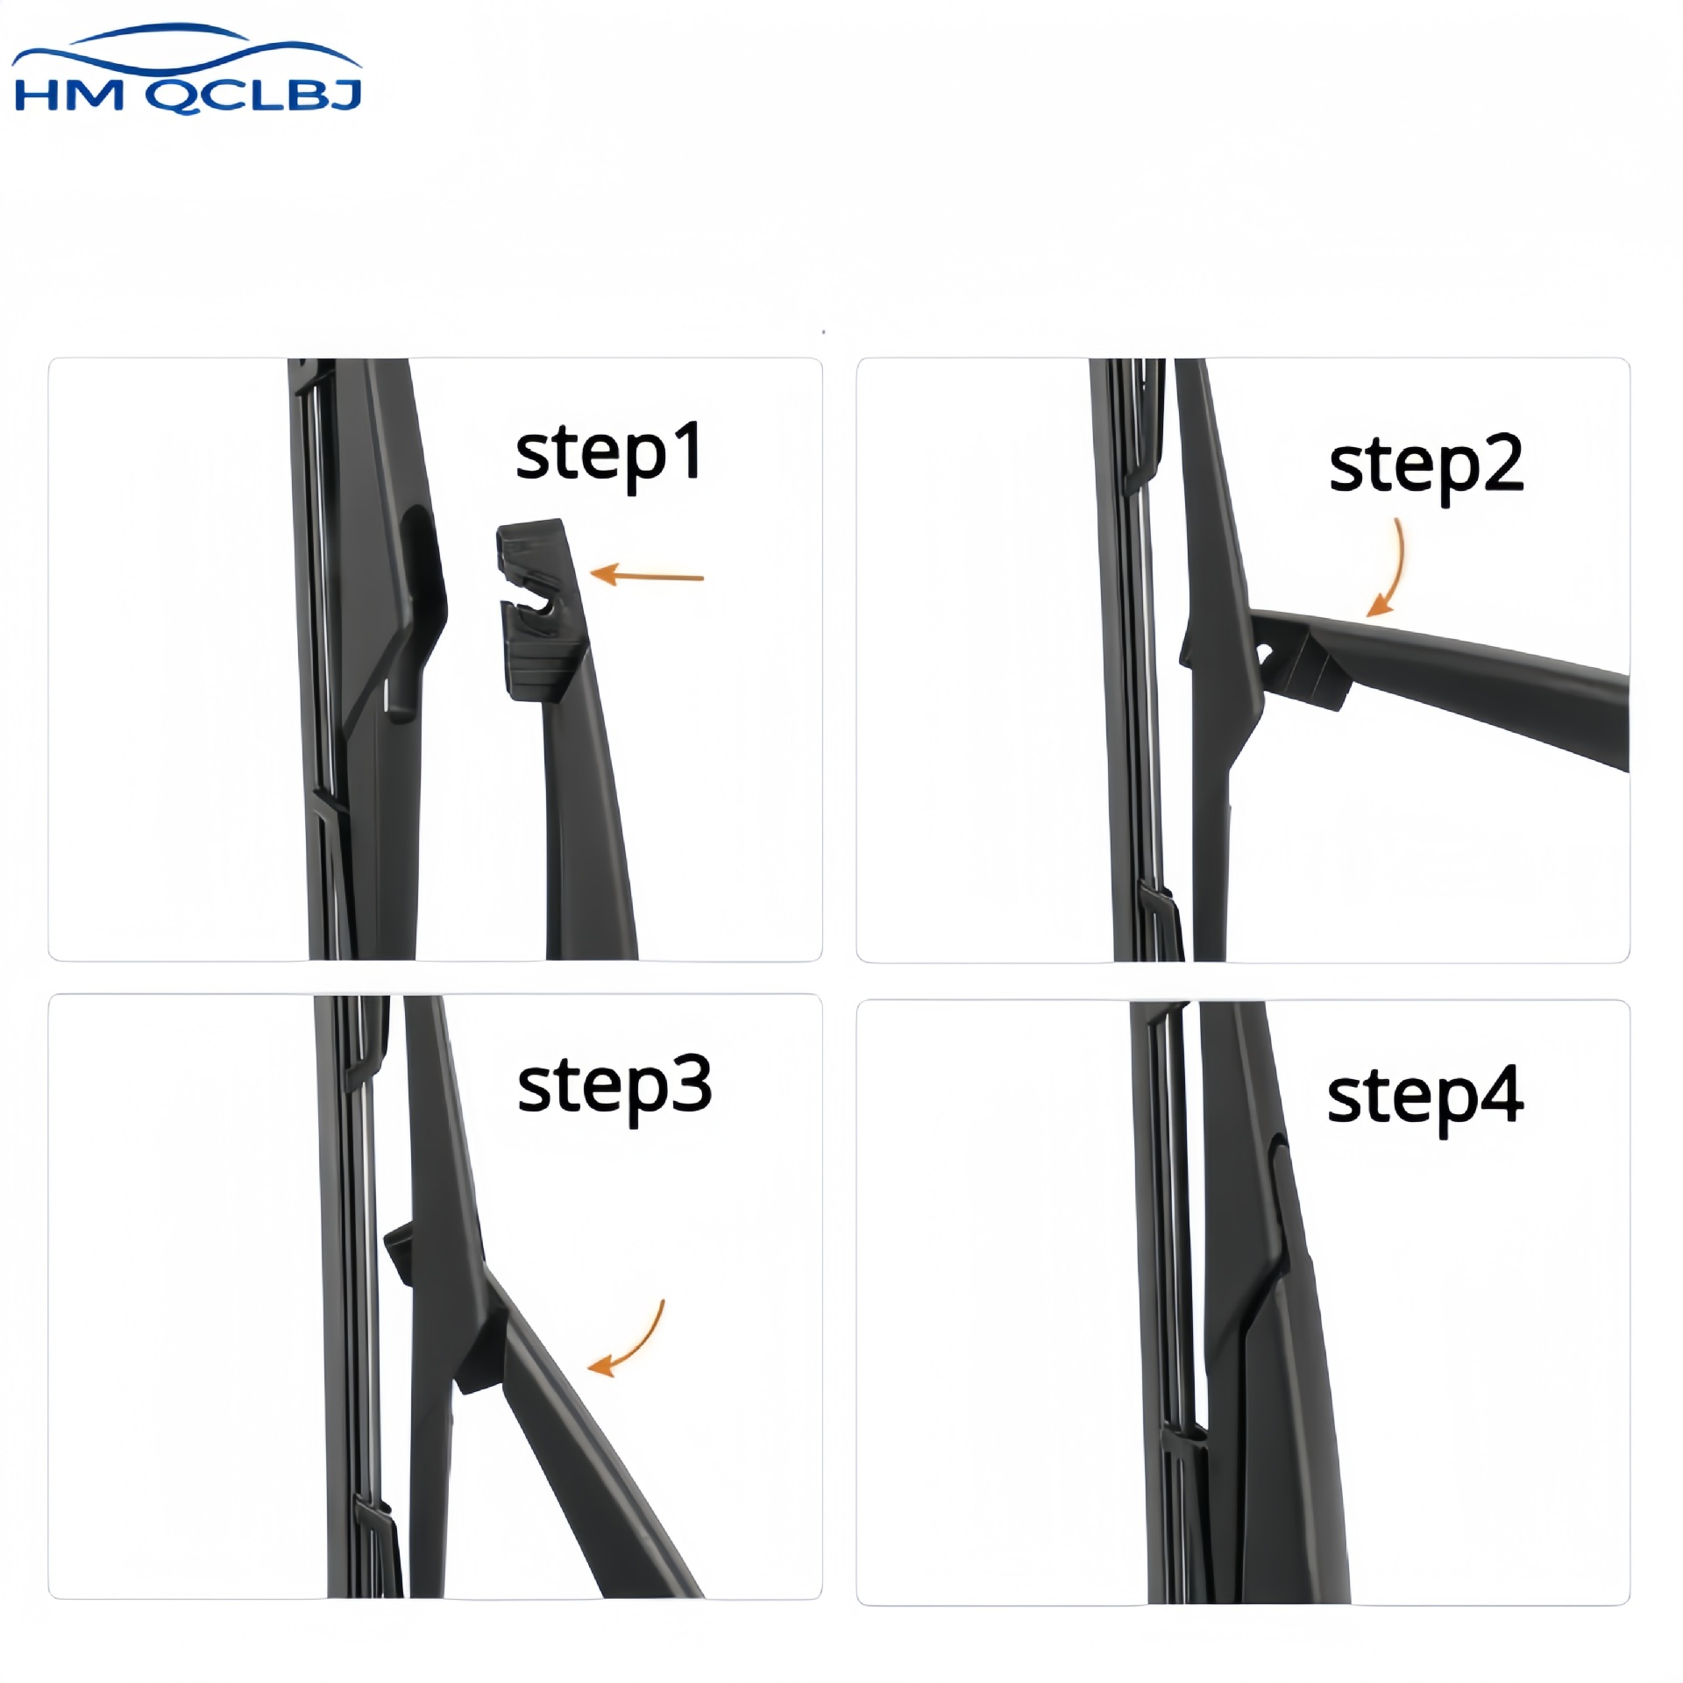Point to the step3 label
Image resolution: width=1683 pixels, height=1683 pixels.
pyautogui.click(x=614, y=1088)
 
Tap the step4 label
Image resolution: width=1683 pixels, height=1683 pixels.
pyautogui.click(x=1425, y=1099)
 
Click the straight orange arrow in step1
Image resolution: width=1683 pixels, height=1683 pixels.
pyautogui.click(x=648, y=575)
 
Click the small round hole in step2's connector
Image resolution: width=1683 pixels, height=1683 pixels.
pyautogui.click(x=1266, y=653)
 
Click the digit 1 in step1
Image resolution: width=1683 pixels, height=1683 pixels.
pyautogui.click(x=689, y=451)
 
